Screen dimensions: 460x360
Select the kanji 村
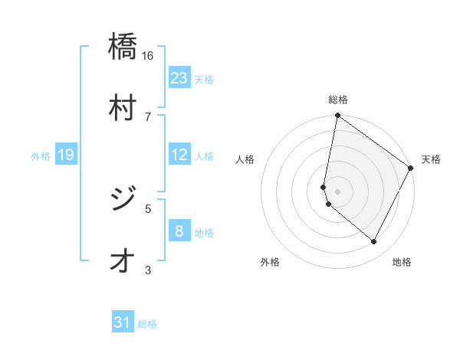tap(123, 106)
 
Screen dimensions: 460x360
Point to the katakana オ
tap(123, 260)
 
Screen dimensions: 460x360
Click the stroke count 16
tap(148, 55)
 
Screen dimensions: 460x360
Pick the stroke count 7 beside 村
tap(148, 116)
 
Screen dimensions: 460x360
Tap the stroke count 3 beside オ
tap(148, 270)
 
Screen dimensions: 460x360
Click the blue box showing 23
tap(179, 77)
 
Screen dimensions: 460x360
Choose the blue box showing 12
tap(179, 155)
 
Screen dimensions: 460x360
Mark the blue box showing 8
tap(179, 231)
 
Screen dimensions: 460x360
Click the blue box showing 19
tap(66, 155)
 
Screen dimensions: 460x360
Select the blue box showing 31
tap(123, 322)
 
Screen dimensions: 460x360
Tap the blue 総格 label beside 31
tap(148, 324)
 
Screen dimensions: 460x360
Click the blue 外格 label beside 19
tap(41, 156)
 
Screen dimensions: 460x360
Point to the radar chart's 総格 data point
tap(337, 116)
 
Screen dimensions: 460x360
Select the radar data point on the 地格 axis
tap(374, 242)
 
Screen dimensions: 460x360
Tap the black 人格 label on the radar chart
tap(245, 159)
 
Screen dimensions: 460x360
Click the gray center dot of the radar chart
tap(337, 191)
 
